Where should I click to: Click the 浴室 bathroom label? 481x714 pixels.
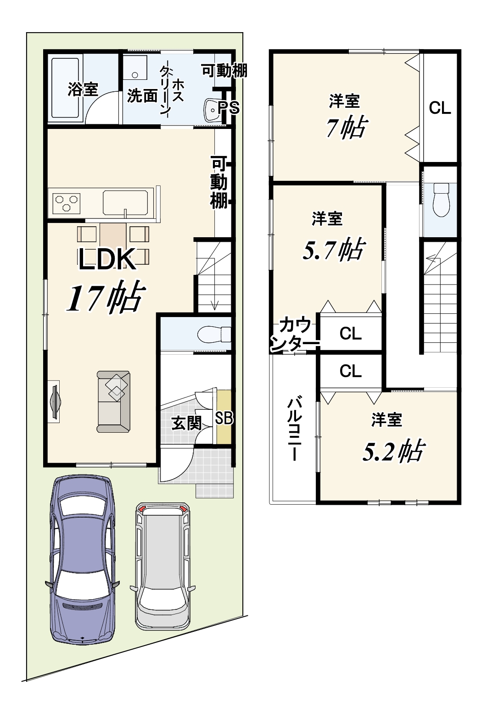[x=83, y=89]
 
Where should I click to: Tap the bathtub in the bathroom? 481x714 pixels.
[x=65, y=87]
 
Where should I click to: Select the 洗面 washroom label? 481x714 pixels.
[x=142, y=95]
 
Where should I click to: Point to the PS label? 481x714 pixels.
[x=229, y=108]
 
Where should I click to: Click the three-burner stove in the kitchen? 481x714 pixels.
[x=67, y=203]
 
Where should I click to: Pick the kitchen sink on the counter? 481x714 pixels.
[x=125, y=203]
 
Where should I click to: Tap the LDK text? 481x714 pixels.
[x=107, y=259]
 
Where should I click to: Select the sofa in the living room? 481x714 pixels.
[x=113, y=402]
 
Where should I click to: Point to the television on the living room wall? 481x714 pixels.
[x=55, y=402]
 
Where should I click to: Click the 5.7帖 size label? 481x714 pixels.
[x=333, y=249]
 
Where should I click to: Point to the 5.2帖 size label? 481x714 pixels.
[x=393, y=451]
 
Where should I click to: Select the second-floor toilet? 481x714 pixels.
[x=441, y=200]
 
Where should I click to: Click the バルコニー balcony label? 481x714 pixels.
[x=294, y=429]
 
